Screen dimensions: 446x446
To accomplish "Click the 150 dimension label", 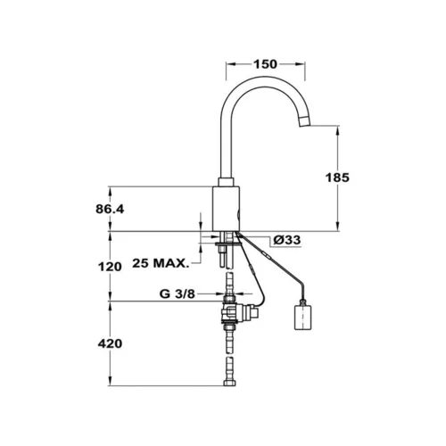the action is pos(265,64).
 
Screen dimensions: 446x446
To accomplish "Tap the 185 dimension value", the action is pos(337,178).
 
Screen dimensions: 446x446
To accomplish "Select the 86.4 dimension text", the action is pos(110,210).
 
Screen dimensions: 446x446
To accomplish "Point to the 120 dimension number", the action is pos(110,267).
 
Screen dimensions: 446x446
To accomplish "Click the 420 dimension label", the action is pos(110,343).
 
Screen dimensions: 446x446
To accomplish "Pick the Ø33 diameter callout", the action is pos(287,240).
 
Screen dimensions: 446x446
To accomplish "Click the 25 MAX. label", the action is pos(161,263).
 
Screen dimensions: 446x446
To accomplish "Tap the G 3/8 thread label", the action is pos(178,294).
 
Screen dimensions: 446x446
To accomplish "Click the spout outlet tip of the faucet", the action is pos(304,122).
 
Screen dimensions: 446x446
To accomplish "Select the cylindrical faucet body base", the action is pos(227,209).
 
